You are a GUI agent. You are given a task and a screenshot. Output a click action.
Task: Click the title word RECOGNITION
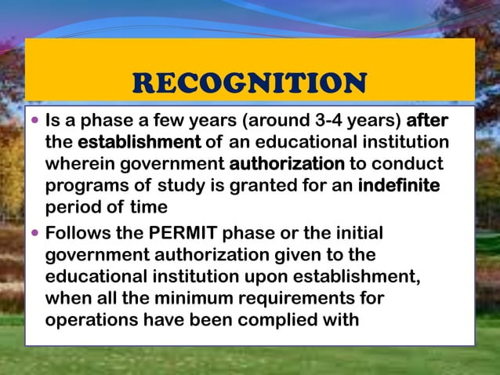[249, 82]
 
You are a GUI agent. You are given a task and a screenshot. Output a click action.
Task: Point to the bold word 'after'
[428, 122]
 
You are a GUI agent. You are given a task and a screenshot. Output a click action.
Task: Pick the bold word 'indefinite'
[399, 186]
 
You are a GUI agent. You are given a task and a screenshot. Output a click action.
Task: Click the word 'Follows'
[82, 234]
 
